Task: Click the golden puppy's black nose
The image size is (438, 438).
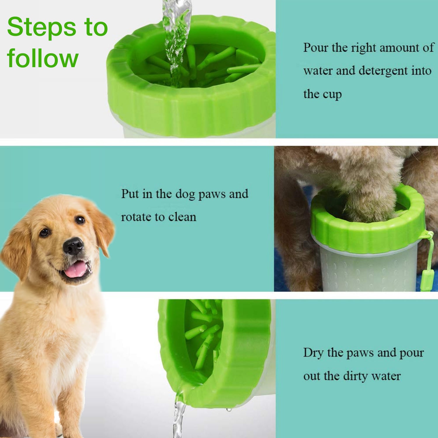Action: [x=73, y=246]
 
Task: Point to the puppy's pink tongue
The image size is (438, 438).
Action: [x=75, y=269]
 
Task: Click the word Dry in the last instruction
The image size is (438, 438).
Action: [x=313, y=352]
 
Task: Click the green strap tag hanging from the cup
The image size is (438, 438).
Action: [x=427, y=280]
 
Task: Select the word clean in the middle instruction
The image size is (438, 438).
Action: [x=182, y=217]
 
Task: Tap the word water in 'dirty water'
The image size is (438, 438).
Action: [x=386, y=376]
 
